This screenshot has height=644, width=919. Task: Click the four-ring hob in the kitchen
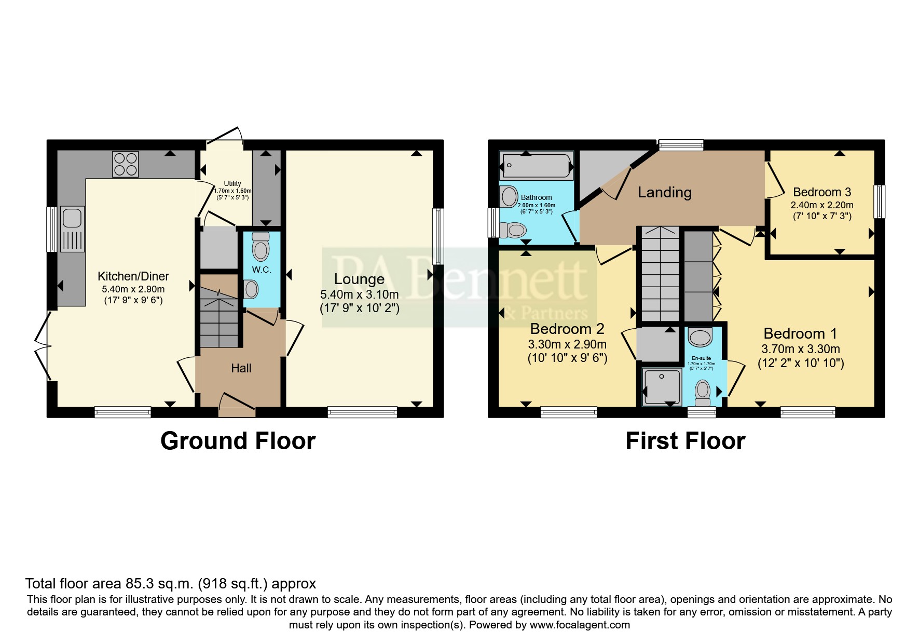[125, 164]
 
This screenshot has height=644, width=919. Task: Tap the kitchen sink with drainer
[72, 229]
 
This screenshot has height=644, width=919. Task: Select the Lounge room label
[359, 279]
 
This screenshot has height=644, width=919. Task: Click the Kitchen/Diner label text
[133, 276]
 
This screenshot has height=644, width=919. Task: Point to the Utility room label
[232, 183]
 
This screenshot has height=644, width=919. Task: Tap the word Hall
[241, 368]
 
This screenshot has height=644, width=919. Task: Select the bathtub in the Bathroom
[537, 166]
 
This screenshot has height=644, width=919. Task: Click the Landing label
[664, 193]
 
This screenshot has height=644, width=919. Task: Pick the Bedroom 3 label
[821, 192]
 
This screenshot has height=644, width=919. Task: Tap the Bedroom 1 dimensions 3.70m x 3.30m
[801, 350]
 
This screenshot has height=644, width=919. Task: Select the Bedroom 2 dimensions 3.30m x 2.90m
[567, 344]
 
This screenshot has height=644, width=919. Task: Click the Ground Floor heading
[238, 441]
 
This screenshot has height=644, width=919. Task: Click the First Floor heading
[685, 441]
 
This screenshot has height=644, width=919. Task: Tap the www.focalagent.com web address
[580, 625]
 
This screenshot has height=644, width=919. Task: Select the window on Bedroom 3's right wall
[881, 202]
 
